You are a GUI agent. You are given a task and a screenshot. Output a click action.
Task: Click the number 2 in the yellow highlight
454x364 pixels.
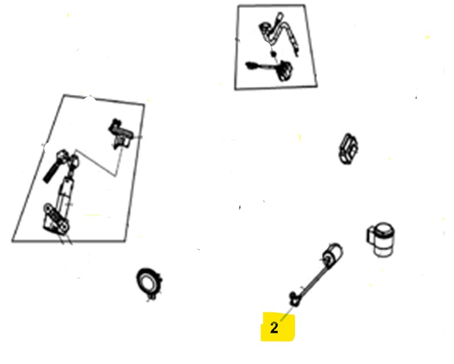tap(274, 327)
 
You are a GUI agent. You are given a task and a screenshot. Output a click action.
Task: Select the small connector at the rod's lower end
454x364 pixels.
tap(294, 299)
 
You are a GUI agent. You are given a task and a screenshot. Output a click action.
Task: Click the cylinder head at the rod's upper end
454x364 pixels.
tap(332, 254)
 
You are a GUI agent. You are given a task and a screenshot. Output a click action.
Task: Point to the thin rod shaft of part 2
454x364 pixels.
tap(313, 281)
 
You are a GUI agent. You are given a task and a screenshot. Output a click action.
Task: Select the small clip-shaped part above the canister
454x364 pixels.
tap(348, 149)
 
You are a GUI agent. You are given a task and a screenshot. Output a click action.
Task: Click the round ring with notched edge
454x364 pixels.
tap(149, 283)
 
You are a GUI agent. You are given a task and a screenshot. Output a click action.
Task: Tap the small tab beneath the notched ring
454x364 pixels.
tap(151, 297)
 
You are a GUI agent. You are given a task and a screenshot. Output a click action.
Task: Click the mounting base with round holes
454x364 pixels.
tap(56, 219)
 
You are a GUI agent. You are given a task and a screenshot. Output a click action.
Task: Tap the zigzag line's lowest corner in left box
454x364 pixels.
tap(116, 176)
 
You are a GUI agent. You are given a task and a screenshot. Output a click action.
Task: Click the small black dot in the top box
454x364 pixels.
tap(273, 53)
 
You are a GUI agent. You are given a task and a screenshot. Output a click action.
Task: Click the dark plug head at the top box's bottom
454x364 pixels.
tap(285, 71)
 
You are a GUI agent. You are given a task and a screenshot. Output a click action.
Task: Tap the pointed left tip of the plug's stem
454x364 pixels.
tap(246, 64)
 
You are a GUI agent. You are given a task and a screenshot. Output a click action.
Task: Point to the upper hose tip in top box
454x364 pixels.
tap(280, 14)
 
